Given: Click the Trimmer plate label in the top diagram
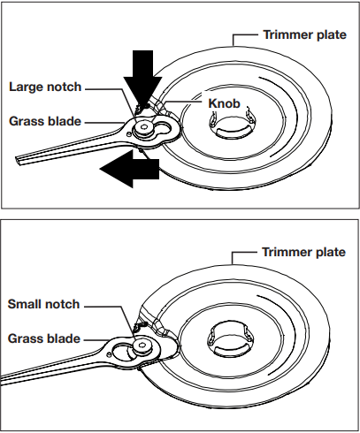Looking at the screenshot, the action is [x=305, y=34].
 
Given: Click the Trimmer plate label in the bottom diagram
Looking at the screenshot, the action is [x=303, y=252].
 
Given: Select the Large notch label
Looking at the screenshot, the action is [x=45, y=87].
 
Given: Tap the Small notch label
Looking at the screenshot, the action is [x=43, y=304].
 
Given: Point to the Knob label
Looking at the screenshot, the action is [x=225, y=103].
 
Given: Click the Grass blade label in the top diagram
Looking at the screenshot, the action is [x=45, y=121].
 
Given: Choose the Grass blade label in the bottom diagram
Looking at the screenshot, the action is [x=44, y=338].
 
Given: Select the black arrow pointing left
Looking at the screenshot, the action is [x=129, y=169].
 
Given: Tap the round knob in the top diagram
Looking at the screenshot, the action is [x=143, y=128].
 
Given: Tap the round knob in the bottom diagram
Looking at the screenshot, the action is [x=142, y=346].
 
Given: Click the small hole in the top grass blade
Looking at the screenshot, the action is [x=128, y=134].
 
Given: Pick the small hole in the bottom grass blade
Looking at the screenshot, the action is [x=110, y=354].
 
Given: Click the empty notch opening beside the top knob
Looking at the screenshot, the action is [x=163, y=128].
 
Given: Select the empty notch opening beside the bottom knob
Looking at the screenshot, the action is [x=123, y=353].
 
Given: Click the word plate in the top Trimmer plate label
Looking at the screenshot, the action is [x=332, y=35].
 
